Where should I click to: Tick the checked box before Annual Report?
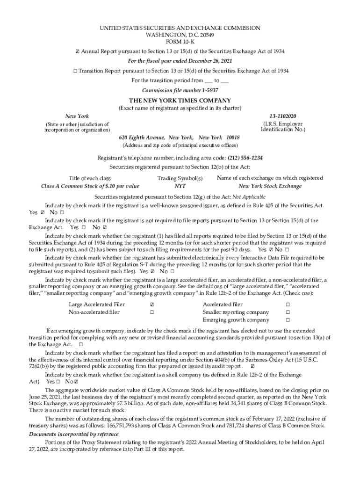click(77, 51)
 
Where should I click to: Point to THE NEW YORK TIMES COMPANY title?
click(180, 100)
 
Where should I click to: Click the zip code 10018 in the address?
click(233, 138)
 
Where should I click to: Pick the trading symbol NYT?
click(180, 186)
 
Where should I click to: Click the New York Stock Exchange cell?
click(270, 186)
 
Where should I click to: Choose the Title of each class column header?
click(90, 178)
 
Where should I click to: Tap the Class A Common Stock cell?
click(90, 186)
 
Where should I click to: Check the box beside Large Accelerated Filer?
click(152, 304)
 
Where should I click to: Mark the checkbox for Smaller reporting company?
click(288, 312)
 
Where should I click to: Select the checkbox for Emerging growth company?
click(288, 320)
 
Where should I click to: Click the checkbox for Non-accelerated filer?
click(152, 312)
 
